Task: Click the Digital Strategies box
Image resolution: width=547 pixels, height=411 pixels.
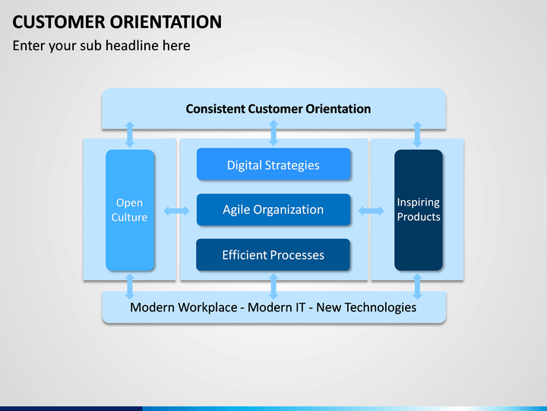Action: click(273, 164)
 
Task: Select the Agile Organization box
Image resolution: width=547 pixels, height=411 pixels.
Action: click(273, 210)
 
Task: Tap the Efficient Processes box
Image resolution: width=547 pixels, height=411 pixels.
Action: click(273, 255)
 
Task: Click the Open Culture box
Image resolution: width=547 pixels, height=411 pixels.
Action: click(130, 210)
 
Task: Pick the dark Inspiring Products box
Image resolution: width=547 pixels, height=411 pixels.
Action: click(419, 210)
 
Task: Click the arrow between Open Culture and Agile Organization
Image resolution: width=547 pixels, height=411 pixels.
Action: click(176, 211)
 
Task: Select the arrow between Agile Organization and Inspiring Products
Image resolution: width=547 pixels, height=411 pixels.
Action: click(372, 211)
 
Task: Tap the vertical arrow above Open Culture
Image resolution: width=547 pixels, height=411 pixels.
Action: click(130, 134)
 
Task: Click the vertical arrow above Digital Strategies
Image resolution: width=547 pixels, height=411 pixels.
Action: click(273, 132)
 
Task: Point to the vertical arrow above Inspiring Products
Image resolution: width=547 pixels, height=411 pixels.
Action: click(417, 134)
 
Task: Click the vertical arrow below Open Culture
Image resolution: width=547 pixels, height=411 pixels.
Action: click(130, 287)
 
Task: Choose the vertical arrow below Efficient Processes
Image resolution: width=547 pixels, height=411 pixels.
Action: click(273, 287)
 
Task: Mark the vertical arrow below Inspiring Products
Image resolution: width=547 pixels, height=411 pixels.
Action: click(417, 287)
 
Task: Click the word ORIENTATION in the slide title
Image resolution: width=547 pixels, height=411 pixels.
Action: click(166, 22)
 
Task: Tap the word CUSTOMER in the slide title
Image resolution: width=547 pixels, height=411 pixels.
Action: click(58, 22)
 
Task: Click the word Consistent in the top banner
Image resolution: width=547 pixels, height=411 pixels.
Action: click(216, 109)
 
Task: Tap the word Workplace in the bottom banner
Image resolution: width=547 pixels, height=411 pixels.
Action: click(209, 307)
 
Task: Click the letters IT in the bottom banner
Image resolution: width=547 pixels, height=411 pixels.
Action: click(300, 307)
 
